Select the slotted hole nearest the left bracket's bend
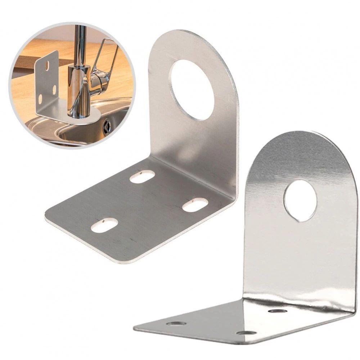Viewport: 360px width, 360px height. (142, 176)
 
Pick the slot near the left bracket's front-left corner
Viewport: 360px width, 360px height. (104, 225)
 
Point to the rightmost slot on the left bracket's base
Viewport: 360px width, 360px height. (195, 205)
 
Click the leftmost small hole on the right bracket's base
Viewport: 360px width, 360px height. (176, 323)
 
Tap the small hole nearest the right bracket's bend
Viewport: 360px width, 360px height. (278, 310)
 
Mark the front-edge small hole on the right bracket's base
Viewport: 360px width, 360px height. (246, 333)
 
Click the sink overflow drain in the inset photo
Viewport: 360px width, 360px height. (107, 127)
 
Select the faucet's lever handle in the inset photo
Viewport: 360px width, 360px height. (104, 61)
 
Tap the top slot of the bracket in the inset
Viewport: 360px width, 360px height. (47, 66)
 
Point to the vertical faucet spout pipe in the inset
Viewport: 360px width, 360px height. (80, 43)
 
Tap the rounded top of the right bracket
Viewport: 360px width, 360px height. (306, 137)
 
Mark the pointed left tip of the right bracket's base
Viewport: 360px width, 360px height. (135, 328)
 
